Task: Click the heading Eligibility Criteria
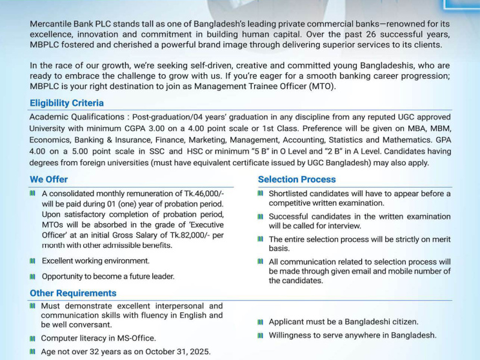66,103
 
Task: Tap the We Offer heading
48,179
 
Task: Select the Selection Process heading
296,179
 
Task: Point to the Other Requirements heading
73,293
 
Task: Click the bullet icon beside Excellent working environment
32,261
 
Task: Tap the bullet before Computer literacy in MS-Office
32,338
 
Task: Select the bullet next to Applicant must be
260,321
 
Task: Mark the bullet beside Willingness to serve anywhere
260,335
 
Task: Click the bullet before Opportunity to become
32,277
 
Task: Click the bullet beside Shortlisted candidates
260,194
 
